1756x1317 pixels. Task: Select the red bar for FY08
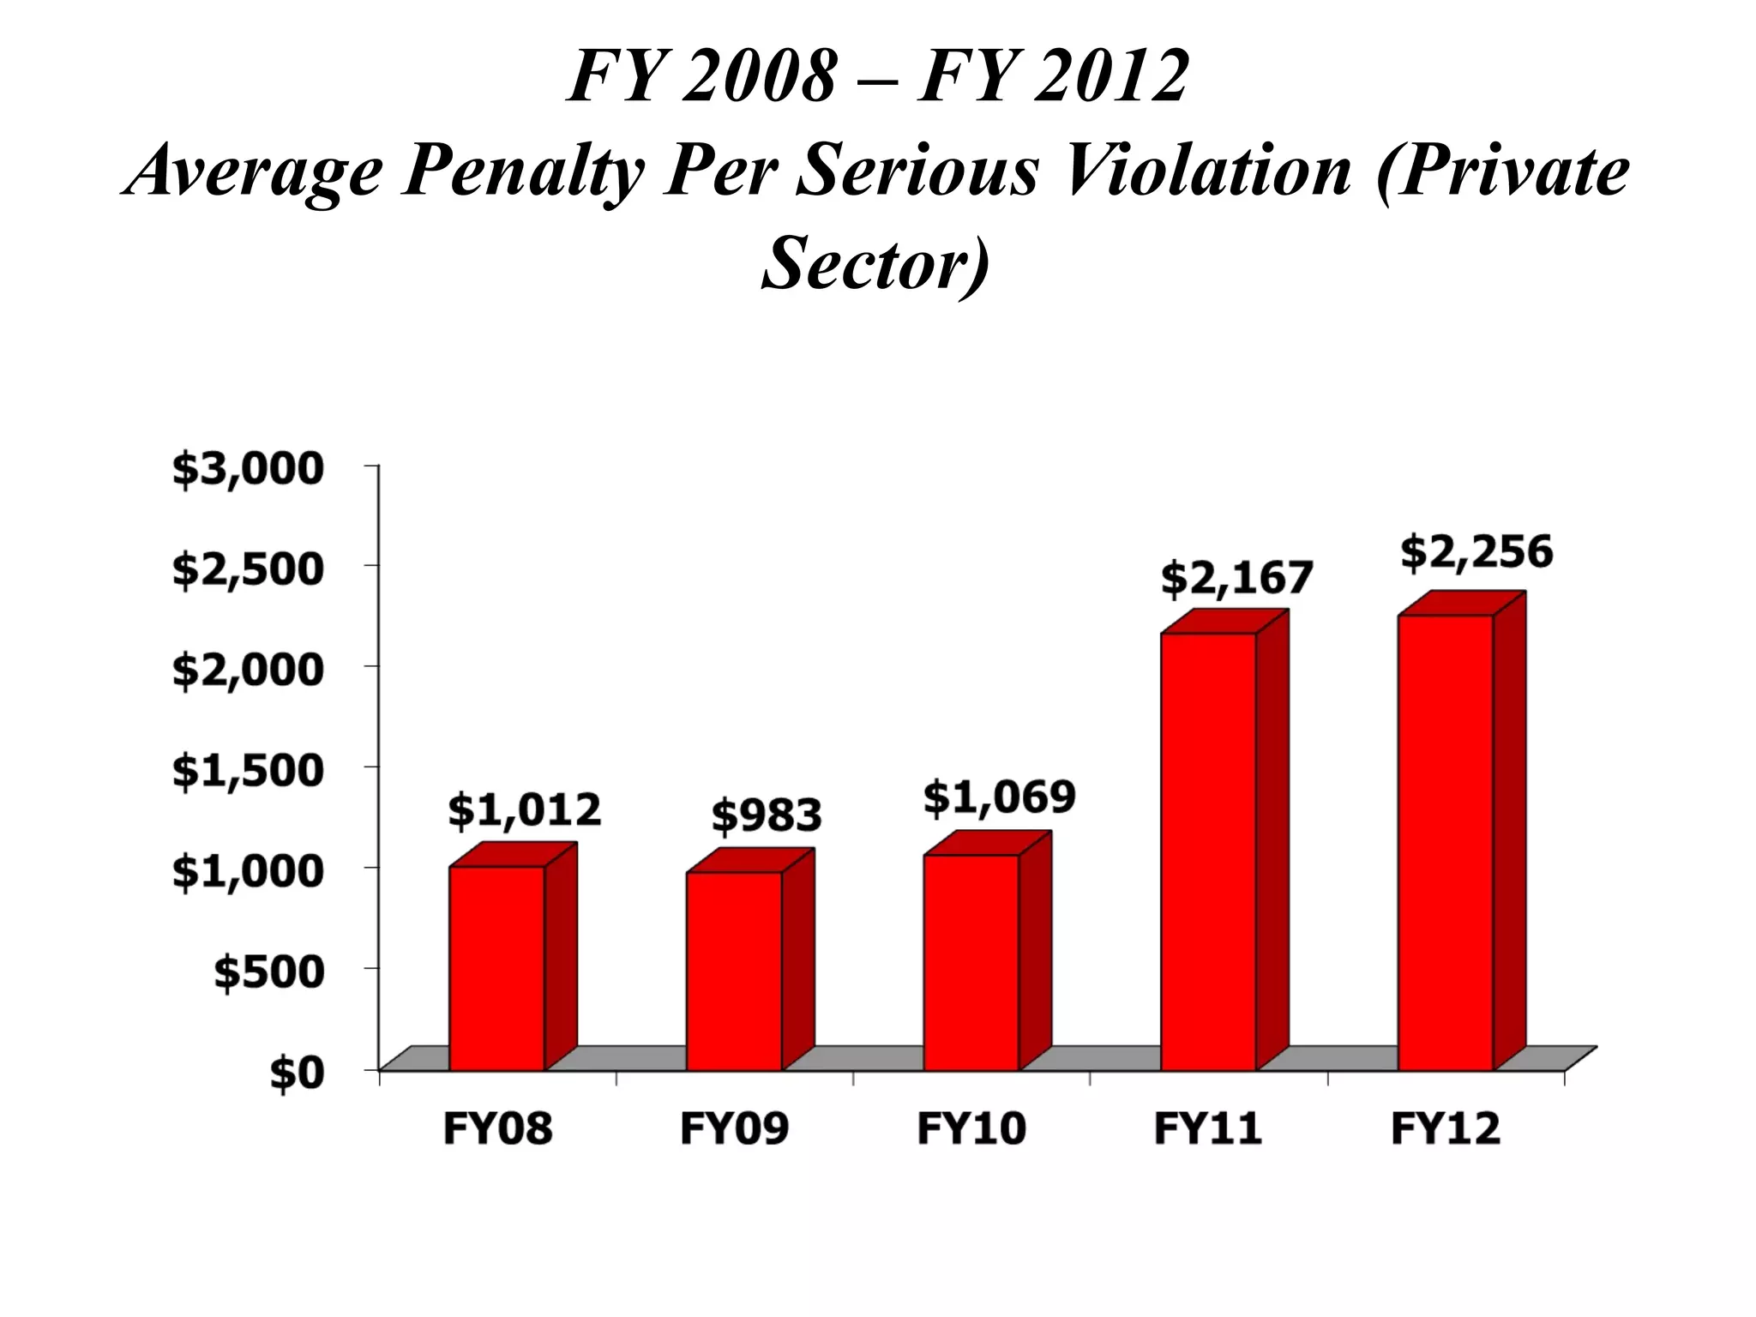(497, 969)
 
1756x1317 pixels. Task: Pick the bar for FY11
(1209, 852)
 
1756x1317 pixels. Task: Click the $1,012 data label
(525, 810)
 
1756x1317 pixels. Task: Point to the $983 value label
(767, 815)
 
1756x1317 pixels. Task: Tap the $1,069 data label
(999, 798)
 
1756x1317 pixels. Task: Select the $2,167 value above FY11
(1236, 579)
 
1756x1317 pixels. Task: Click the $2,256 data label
(1476, 553)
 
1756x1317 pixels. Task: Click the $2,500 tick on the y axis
(249, 570)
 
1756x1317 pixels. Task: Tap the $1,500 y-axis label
(249, 771)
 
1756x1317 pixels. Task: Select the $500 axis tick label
(269, 972)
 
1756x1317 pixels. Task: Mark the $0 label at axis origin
(298, 1073)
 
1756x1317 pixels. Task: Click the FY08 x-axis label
(497, 1128)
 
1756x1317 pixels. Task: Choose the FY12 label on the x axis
(1446, 1128)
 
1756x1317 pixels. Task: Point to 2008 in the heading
(759, 77)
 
